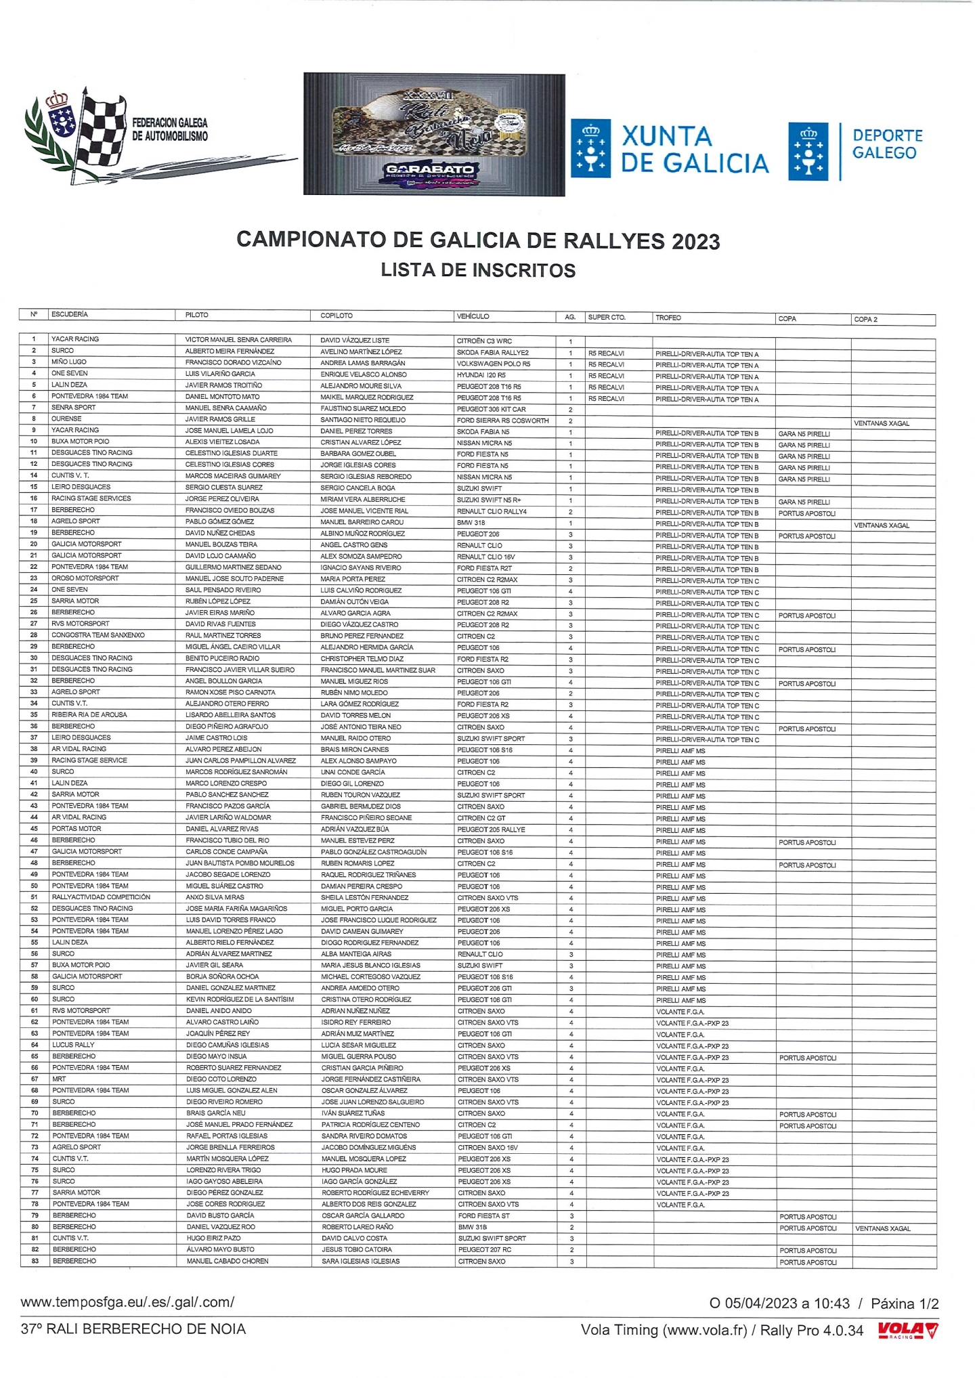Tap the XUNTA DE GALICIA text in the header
[694, 150]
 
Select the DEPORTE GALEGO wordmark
[887, 144]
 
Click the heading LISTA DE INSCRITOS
[478, 270]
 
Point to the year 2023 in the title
[695, 241]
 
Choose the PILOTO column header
[197, 315]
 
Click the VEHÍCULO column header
[473, 316]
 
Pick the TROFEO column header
[668, 318]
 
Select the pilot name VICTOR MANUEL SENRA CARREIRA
[238, 340]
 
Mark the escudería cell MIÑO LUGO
[69, 362]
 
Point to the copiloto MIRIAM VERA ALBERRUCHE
[363, 500]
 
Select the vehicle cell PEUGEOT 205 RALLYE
[491, 830]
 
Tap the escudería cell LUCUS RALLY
[73, 1045]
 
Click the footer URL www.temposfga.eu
[127, 1302]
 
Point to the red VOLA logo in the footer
[908, 1331]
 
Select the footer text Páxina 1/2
[905, 1304]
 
